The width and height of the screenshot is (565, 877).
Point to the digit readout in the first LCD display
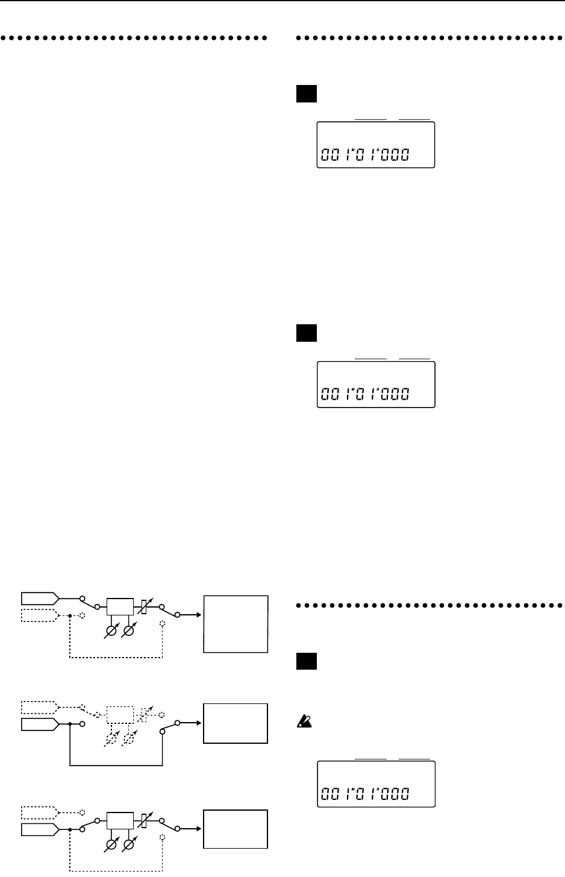point(363,156)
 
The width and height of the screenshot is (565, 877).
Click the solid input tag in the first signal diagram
point(40,598)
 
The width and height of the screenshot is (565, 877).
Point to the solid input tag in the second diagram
point(40,723)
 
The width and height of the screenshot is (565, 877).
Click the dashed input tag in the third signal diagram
point(40,812)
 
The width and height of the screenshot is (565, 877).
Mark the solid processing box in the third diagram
point(119,821)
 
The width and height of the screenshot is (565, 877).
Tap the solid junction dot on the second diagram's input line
point(70,723)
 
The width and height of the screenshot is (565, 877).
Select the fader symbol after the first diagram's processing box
point(143,605)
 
